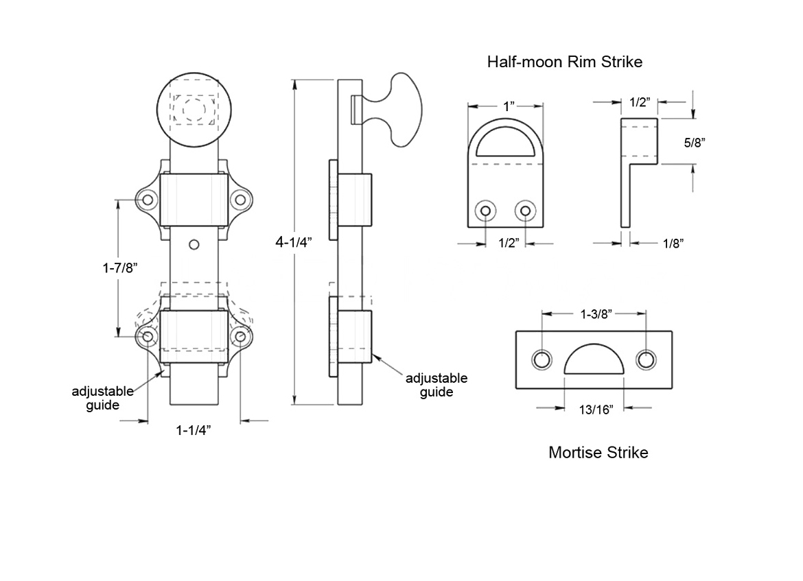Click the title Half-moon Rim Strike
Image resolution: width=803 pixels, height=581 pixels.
[x=564, y=62]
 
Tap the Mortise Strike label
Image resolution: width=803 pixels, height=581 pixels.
[x=598, y=452]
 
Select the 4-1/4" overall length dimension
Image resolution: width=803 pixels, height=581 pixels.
[x=294, y=241]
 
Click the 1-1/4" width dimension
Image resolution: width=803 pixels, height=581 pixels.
[x=193, y=430]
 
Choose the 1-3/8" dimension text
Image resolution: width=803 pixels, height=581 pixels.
[x=594, y=313]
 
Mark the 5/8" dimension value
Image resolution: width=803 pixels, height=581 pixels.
[x=695, y=143]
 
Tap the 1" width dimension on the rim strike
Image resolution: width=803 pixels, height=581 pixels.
[x=508, y=106]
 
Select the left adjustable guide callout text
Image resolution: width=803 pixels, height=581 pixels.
[x=102, y=398]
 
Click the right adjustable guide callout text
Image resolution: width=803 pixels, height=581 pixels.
[x=437, y=385]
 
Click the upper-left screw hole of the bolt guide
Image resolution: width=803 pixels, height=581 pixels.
[x=147, y=200]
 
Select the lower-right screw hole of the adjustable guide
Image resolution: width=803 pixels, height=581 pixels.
[x=240, y=336]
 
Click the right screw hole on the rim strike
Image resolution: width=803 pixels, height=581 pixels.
[x=526, y=210]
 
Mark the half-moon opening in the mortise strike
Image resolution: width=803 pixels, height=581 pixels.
[x=594, y=360]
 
